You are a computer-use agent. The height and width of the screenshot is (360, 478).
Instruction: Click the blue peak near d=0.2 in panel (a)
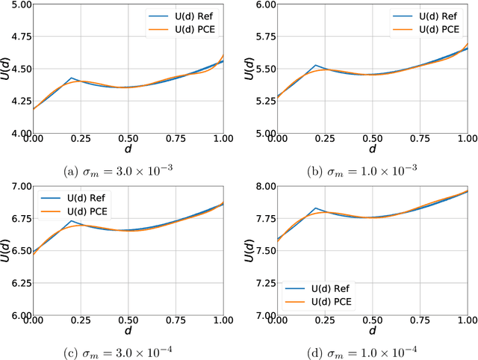72,78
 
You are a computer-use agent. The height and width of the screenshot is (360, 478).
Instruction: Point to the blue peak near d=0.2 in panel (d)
315,208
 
